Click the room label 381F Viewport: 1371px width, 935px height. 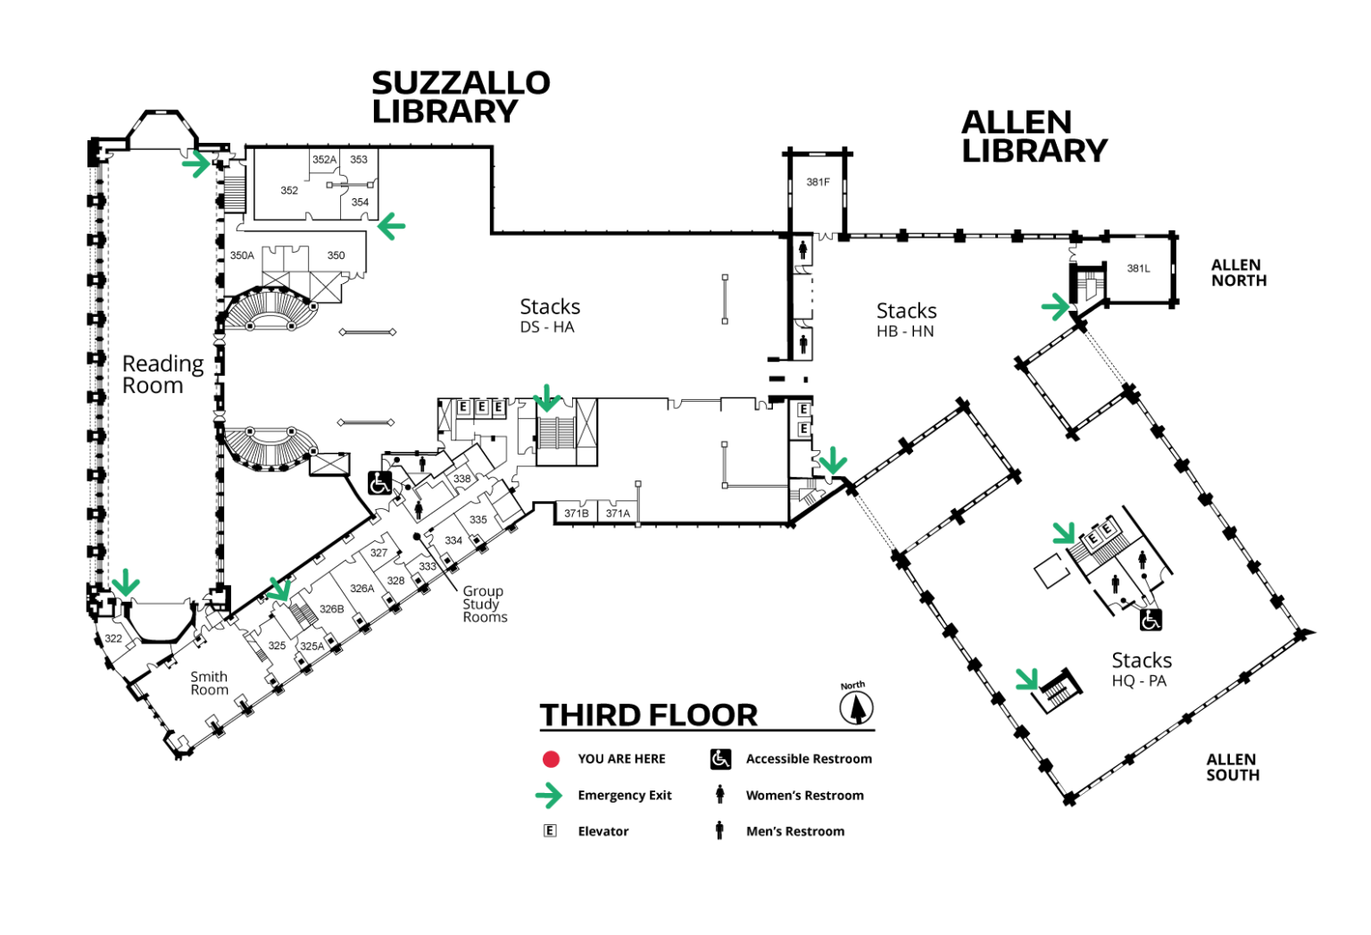818,182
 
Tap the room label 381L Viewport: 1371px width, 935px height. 1138,268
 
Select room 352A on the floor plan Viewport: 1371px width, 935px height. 324,160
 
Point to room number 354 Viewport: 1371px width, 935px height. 360,202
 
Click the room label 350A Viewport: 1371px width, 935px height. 242,255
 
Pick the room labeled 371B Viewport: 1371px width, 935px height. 576,513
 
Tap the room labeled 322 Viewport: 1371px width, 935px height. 113,639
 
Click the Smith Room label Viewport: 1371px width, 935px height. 210,683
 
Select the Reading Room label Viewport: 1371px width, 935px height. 162,374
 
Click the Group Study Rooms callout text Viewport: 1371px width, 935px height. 485,604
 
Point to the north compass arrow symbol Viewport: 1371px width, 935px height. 856,707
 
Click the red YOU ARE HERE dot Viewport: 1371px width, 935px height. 551,759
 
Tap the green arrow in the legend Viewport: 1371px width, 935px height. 548,796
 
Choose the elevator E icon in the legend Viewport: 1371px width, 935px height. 550,831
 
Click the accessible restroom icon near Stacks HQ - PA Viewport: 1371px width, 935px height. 1151,621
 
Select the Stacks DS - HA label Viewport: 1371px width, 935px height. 550,315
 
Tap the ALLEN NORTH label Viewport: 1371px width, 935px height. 1239,272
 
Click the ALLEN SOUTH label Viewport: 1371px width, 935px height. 1233,766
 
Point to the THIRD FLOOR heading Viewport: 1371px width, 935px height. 649,714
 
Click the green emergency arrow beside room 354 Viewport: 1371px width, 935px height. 391,226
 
